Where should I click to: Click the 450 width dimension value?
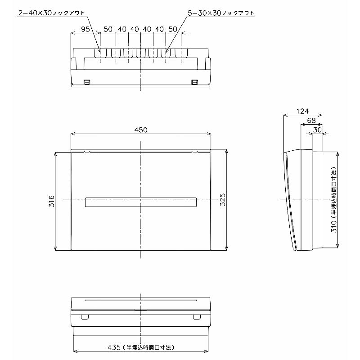[x=141, y=130]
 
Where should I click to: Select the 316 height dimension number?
[x=52, y=201]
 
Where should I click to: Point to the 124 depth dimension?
[x=302, y=111]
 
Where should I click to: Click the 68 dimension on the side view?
[x=311, y=120]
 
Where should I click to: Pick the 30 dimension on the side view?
[x=317, y=130]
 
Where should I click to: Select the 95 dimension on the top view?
[x=85, y=29]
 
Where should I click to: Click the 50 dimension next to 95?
[x=108, y=29]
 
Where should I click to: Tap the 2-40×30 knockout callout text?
[x=51, y=13]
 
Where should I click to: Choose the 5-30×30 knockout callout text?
[x=220, y=13]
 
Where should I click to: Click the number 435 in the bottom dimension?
[x=114, y=347]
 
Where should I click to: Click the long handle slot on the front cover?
[x=141, y=202]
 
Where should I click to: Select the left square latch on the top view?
[x=87, y=82]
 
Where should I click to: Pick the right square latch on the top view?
[x=194, y=82]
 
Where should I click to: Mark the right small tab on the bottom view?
[x=196, y=317]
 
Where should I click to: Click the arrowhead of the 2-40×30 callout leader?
[x=100, y=53]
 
